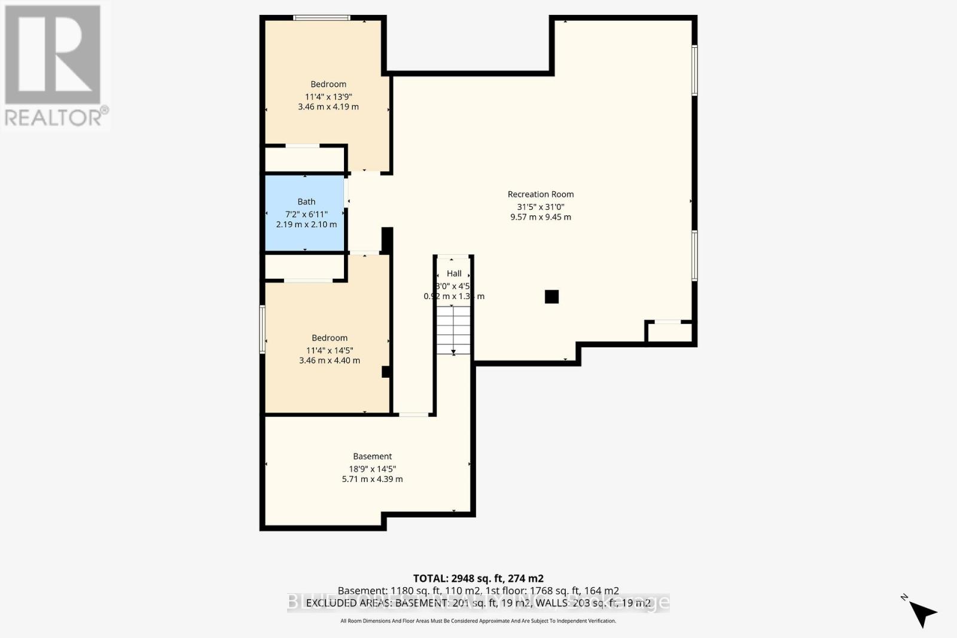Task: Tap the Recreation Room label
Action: (x=540, y=194)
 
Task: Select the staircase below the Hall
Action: (x=453, y=330)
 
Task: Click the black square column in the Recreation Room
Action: (x=551, y=297)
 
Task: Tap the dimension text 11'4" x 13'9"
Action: (x=328, y=96)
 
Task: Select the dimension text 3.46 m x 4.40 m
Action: (x=330, y=361)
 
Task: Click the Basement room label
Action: (x=372, y=456)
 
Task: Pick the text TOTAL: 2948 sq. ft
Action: (x=478, y=578)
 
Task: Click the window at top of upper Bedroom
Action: (x=322, y=18)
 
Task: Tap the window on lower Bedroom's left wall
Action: (x=262, y=329)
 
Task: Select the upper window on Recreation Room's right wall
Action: (x=694, y=70)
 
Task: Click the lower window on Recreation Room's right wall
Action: (x=694, y=255)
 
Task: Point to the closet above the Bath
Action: (x=304, y=160)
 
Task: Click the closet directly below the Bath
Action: (x=304, y=267)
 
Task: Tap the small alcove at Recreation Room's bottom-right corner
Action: (x=669, y=332)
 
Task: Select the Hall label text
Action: (x=454, y=273)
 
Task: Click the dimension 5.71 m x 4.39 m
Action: (x=372, y=479)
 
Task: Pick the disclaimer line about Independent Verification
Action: (x=478, y=621)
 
